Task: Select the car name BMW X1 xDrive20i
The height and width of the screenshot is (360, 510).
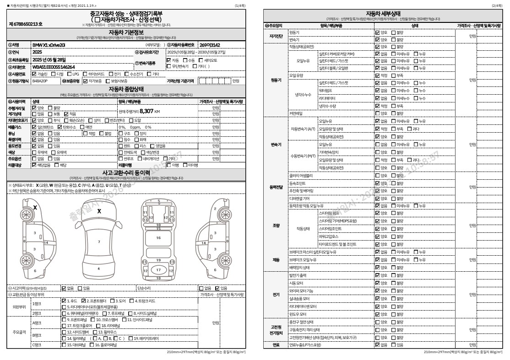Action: coord(49,45)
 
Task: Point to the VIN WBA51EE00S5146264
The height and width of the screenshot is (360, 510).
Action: coord(54,67)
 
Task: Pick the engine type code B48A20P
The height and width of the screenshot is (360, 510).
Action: coord(40,81)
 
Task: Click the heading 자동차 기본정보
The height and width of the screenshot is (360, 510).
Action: coord(126,32)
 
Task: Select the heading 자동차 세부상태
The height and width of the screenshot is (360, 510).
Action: coord(383,13)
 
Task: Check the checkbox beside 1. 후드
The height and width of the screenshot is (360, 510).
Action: coord(64,301)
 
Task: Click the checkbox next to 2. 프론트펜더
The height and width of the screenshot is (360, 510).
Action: coord(84,301)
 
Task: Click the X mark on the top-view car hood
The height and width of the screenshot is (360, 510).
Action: coord(99,211)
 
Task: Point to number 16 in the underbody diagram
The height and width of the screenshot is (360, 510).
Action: coord(158,238)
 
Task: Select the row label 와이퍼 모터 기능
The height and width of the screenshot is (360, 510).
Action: coord(301,290)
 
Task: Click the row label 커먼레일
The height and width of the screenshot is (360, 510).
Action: coord(295,113)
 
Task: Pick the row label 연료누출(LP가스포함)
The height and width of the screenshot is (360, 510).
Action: coord(305,344)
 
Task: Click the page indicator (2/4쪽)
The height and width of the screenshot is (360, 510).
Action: coord(497,5)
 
